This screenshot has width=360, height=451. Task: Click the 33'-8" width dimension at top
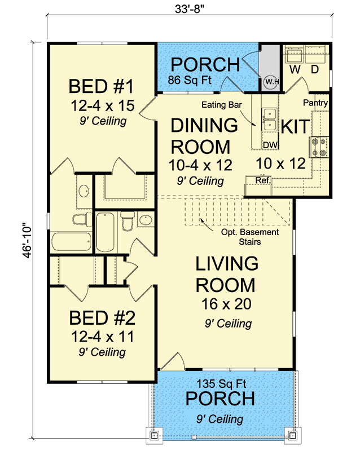pyautogui.click(x=189, y=9)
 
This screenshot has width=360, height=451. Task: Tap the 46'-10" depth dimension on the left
pyautogui.click(x=27, y=241)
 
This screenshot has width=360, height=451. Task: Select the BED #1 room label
pyautogui.click(x=102, y=86)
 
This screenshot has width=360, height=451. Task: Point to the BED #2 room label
pyautogui.click(x=102, y=318)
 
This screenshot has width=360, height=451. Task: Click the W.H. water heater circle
pyautogui.click(x=271, y=82)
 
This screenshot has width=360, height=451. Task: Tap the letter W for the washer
pyautogui.click(x=295, y=69)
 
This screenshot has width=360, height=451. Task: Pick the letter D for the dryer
pyautogui.click(x=315, y=69)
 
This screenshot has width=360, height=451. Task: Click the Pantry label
pyautogui.click(x=315, y=103)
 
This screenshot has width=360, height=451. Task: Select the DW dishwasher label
pyautogui.click(x=270, y=145)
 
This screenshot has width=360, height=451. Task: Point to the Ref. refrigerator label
pyautogui.click(x=263, y=180)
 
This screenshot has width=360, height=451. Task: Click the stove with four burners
pyautogui.click(x=319, y=147)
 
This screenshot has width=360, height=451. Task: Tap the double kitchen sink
pyautogui.click(x=269, y=120)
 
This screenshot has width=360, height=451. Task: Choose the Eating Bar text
pyautogui.click(x=221, y=105)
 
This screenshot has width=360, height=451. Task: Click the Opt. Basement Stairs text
pyautogui.click(x=250, y=237)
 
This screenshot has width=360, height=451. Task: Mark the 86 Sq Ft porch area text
pyautogui.click(x=190, y=79)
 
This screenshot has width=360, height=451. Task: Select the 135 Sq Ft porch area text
pyautogui.click(x=221, y=383)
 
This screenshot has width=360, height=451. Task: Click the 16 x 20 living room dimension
pyautogui.click(x=226, y=304)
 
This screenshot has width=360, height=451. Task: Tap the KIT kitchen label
pyautogui.click(x=296, y=126)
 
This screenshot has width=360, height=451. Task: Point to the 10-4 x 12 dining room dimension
pyautogui.click(x=200, y=165)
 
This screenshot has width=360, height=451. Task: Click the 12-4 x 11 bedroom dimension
pyautogui.click(x=103, y=337)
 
